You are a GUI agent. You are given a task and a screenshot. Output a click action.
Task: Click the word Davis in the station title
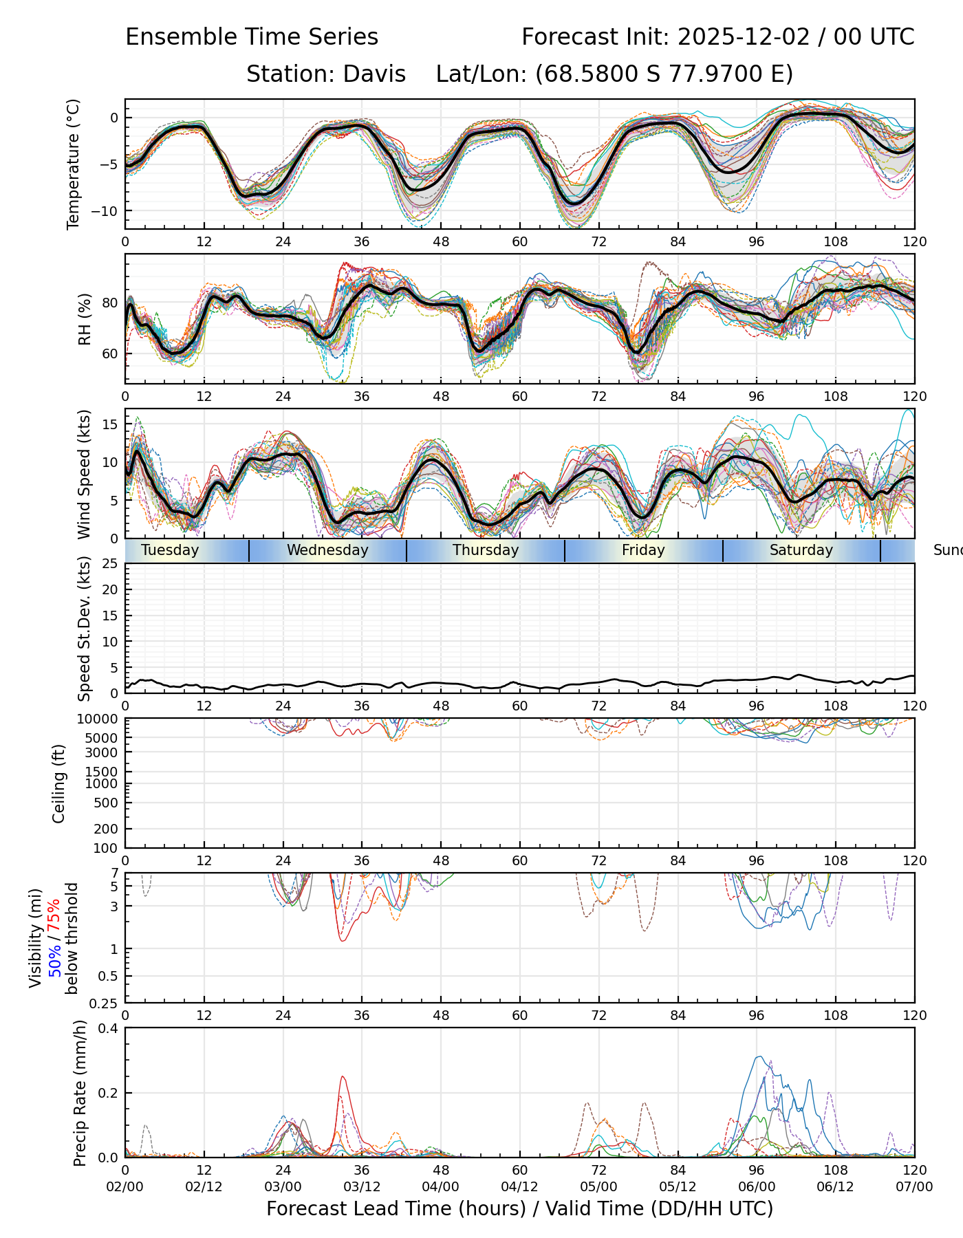(374, 74)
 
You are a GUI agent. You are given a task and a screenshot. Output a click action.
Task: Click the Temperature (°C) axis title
(74, 164)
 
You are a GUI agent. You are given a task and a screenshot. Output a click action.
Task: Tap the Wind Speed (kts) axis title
(84, 474)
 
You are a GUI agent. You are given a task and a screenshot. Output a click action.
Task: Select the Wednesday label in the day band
(327, 550)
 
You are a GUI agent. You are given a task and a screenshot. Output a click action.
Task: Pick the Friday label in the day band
(643, 550)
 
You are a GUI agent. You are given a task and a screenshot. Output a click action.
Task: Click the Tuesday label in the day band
(170, 550)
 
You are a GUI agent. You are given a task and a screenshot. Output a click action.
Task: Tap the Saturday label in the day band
(801, 550)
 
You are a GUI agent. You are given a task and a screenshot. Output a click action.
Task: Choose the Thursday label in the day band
(486, 550)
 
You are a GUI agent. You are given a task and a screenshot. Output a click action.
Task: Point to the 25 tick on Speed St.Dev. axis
(111, 564)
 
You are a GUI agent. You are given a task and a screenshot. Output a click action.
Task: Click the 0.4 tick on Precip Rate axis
(109, 1028)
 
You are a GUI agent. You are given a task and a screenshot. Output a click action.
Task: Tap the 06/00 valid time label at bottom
(757, 1187)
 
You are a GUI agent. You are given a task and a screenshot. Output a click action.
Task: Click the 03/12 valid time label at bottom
(362, 1187)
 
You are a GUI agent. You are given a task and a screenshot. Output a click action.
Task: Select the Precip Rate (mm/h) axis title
(80, 1093)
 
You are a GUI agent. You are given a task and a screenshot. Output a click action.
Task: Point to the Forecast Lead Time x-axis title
(519, 1209)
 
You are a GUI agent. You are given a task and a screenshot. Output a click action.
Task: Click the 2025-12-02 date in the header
(744, 37)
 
